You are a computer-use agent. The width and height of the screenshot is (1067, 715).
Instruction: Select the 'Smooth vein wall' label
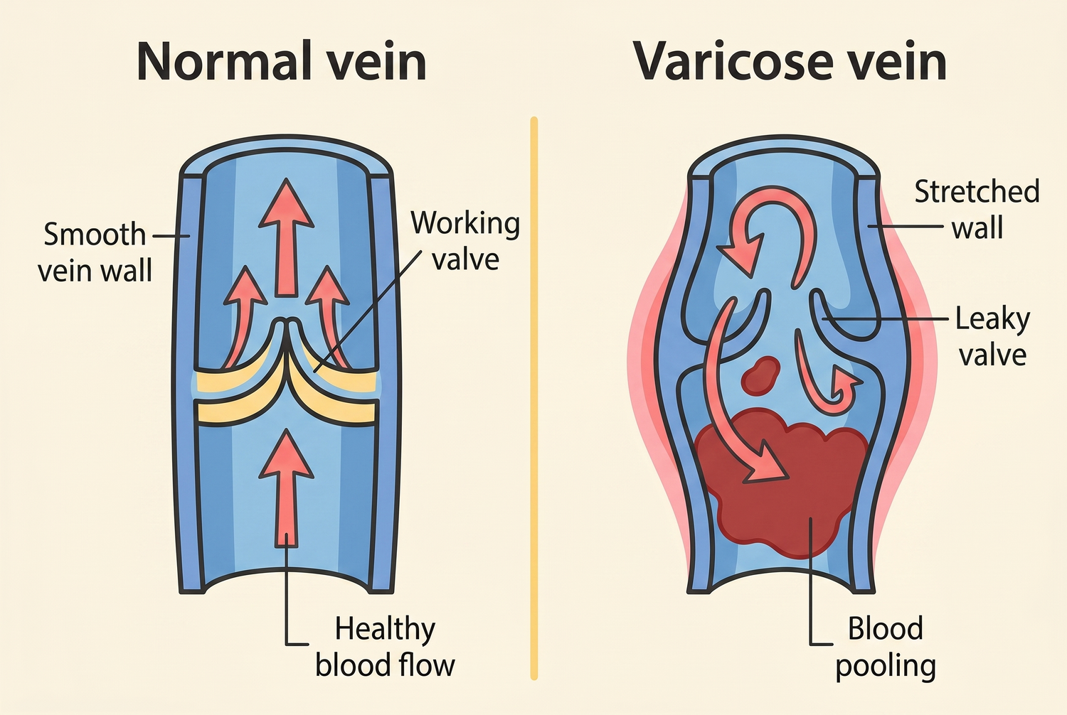[95, 253]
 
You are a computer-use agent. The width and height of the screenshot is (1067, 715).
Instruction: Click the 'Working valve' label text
[465, 241]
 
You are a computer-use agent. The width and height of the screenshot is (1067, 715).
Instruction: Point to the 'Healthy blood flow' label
[385, 647]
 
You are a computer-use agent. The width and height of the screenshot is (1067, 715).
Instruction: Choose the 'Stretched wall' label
[977, 210]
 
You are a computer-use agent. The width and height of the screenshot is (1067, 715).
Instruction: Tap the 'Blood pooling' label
[886, 647]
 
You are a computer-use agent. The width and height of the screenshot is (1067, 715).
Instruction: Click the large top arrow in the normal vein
[286, 238]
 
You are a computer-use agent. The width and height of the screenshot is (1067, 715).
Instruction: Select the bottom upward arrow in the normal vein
[286, 488]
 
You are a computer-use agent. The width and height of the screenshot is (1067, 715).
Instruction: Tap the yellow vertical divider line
[533, 398]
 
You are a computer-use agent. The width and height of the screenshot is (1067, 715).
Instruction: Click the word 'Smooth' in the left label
[95, 235]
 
